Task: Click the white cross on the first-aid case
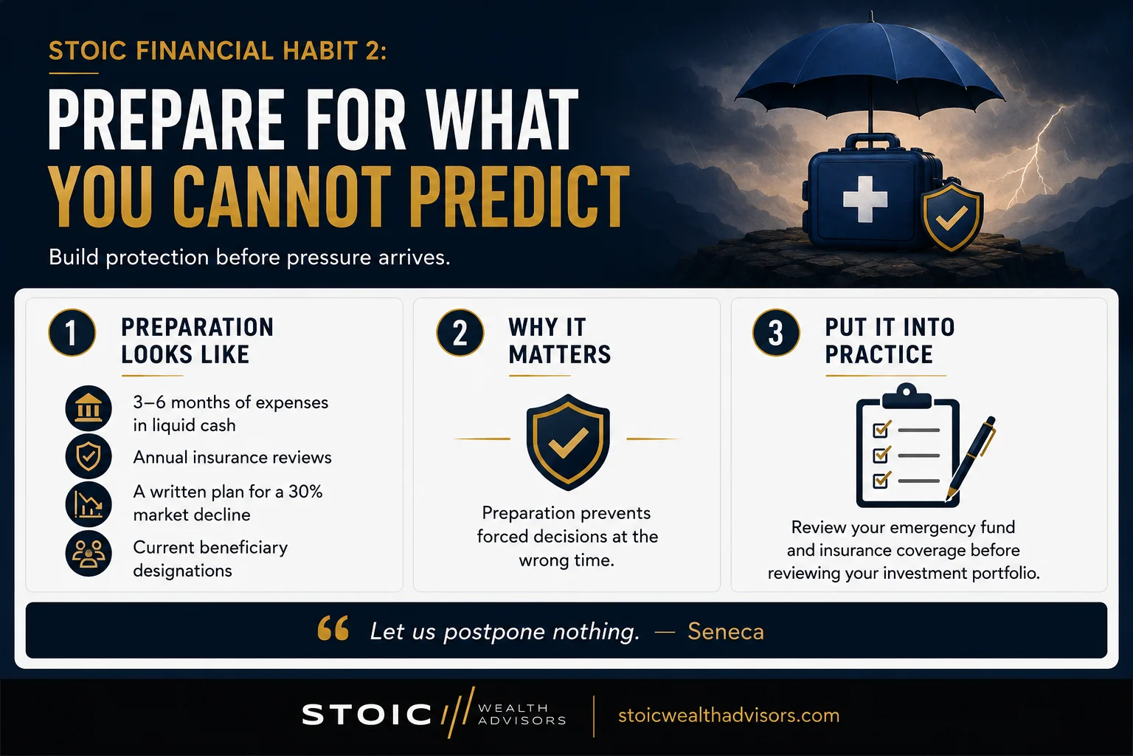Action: click(865, 199)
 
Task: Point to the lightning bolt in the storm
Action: click(1032, 157)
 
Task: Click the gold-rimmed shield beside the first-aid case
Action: click(952, 217)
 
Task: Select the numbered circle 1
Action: click(72, 333)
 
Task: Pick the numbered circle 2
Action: click(460, 333)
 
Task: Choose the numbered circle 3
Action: click(776, 333)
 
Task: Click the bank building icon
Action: click(89, 408)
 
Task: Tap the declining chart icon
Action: click(89, 504)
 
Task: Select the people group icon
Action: click(89, 554)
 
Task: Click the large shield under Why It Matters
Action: click(567, 442)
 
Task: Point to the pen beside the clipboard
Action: click(971, 458)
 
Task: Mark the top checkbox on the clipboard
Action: click(881, 430)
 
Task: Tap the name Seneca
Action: click(726, 631)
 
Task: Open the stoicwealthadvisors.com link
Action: click(729, 715)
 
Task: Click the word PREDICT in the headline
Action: click(519, 197)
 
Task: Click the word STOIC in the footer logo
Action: click(366, 715)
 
